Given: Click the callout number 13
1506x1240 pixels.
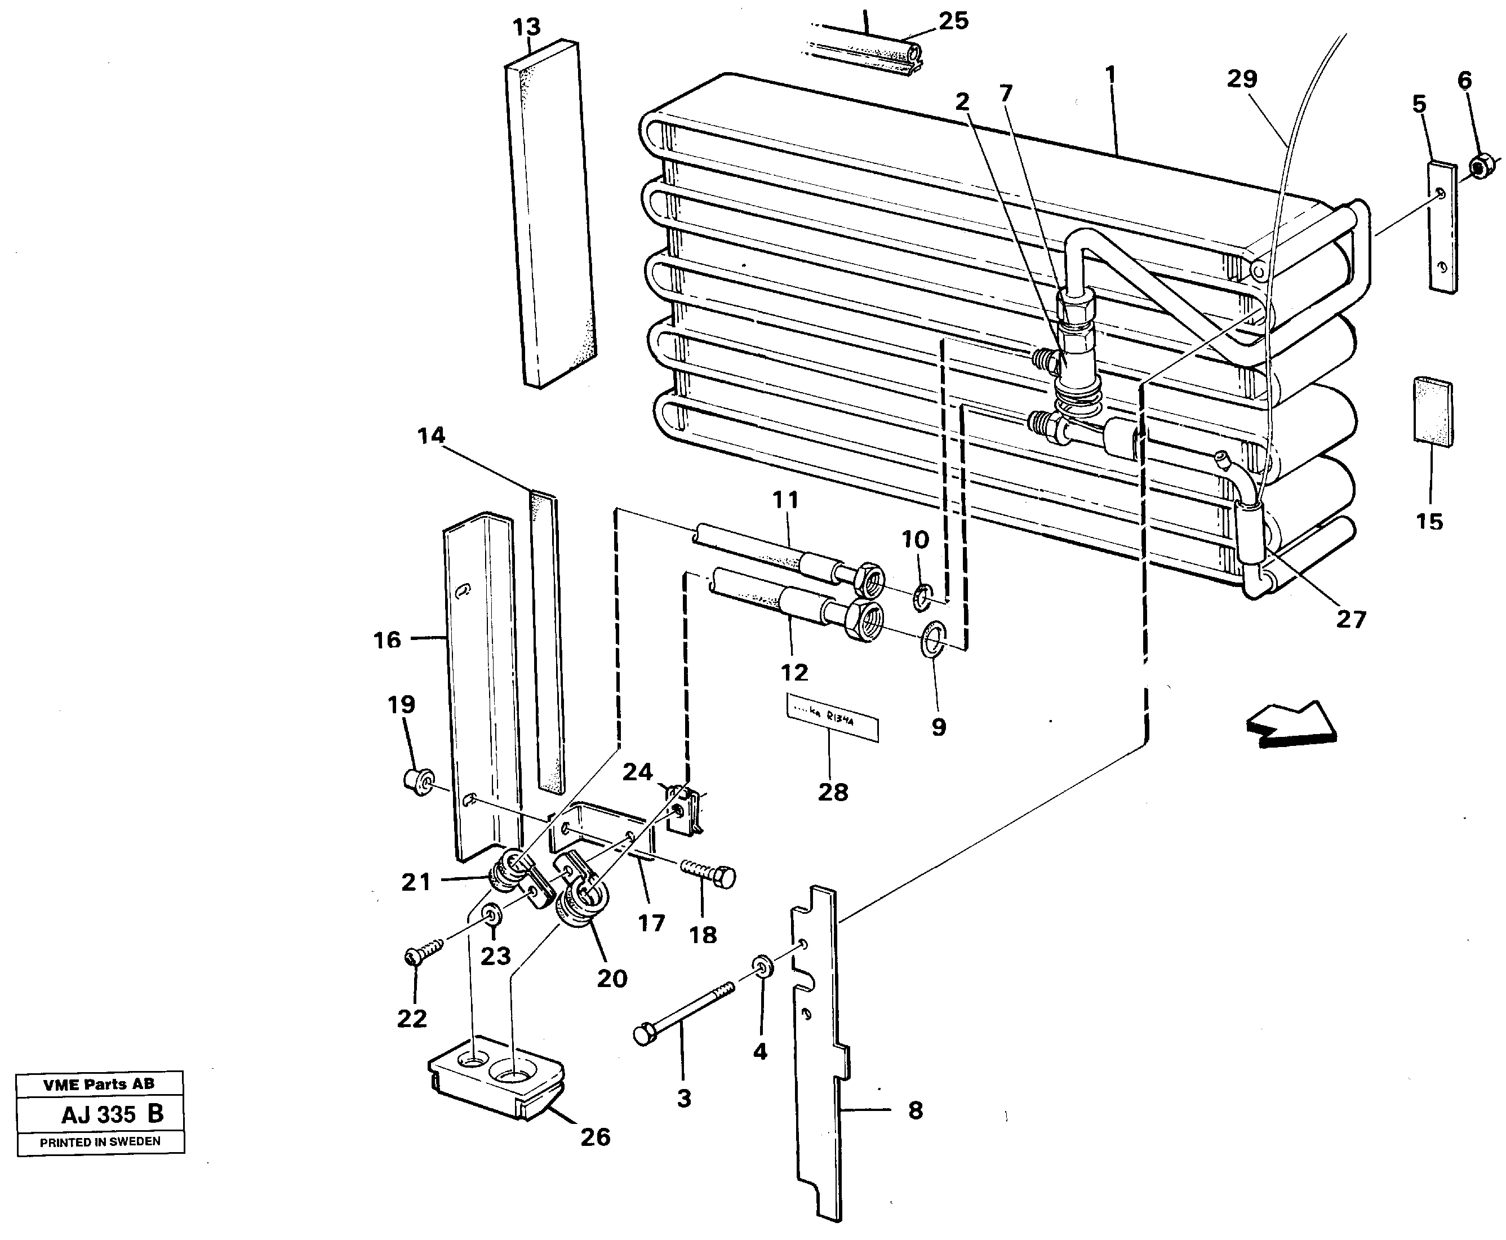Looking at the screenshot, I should pyautogui.click(x=527, y=28).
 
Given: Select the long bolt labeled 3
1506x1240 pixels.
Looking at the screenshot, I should pyautogui.click(x=682, y=1009).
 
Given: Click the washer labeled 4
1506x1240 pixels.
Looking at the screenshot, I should pyautogui.click(x=763, y=968).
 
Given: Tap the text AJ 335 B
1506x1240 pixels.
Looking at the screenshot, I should pyautogui.click(x=112, y=1114).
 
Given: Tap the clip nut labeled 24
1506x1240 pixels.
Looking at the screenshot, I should pyautogui.click(x=685, y=809).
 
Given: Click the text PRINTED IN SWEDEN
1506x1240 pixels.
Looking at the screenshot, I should pyautogui.click(x=100, y=1141).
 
